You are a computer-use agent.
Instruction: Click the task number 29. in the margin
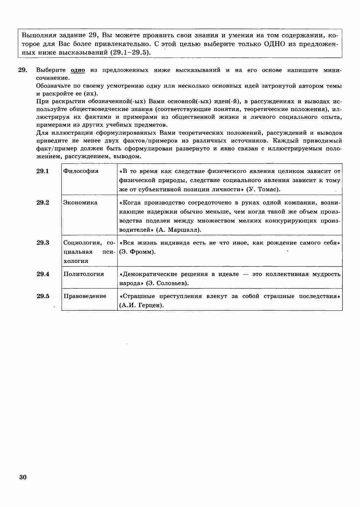click(x=23, y=70)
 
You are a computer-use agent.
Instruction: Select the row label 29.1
click(x=43, y=171)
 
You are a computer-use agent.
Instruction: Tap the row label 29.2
click(x=43, y=203)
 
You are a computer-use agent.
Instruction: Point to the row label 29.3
click(x=43, y=243)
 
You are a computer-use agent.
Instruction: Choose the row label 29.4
click(x=43, y=274)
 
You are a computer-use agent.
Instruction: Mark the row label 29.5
click(x=43, y=296)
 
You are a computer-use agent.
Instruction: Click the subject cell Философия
click(x=81, y=171)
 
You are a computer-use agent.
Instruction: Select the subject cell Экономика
click(x=81, y=203)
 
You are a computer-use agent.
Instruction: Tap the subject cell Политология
click(x=84, y=274)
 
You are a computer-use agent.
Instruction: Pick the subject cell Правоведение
click(x=85, y=296)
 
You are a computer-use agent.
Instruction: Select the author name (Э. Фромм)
click(x=137, y=252)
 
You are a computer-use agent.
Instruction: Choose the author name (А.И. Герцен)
click(x=142, y=305)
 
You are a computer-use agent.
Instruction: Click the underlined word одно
click(x=78, y=70)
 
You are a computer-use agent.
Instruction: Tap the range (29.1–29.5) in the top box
click(x=131, y=53)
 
